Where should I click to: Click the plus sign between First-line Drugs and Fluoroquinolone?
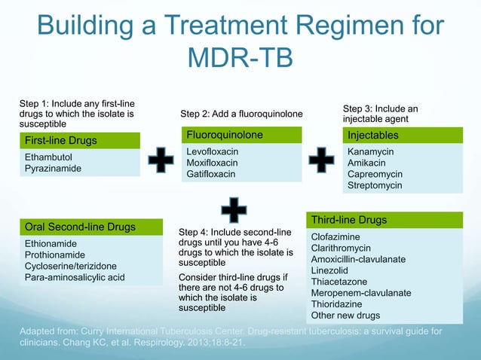coord(161,161)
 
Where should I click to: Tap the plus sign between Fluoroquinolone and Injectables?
coord(322,161)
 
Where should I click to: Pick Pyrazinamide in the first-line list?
coord(53,169)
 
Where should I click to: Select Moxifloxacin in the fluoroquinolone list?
coord(212,163)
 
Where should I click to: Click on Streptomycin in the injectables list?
coord(375,185)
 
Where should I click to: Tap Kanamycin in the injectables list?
coord(370,151)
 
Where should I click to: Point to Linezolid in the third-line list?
coord(332,270)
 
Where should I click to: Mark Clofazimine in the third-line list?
coord(337,236)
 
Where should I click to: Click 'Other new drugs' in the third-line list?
coord(345,316)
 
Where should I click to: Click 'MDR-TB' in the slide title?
coord(240,58)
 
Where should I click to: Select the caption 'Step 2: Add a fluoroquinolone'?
coord(241,114)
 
